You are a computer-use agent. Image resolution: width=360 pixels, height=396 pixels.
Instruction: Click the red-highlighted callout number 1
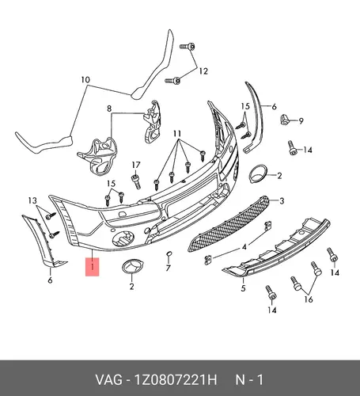pyautogui.click(x=93, y=267)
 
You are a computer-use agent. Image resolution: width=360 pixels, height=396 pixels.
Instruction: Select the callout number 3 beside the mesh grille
pyautogui.click(x=282, y=201)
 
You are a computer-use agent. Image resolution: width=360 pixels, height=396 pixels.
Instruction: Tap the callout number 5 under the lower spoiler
pyautogui.click(x=243, y=288)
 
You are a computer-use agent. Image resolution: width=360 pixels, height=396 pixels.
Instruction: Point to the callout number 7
pyautogui.click(x=169, y=268)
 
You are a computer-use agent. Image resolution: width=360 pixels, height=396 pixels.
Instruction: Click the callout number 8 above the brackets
pyautogui.click(x=109, y=109)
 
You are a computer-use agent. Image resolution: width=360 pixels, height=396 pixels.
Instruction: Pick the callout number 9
pyautogui.click(x=301, y=121)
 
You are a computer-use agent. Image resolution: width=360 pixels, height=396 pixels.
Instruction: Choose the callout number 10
pyautogui.click(x=85, y=80)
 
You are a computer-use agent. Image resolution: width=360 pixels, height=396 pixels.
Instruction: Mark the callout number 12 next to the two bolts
pyautogui.click(x=203, y=71)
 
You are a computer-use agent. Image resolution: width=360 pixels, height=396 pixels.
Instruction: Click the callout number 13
pyautogui.click(x=32, y=201)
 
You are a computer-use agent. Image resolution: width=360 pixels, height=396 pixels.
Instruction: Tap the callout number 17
pyautogui.click(x=136, y=166)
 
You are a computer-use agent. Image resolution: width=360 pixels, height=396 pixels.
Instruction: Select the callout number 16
pyautogui.click(x=309, y=299)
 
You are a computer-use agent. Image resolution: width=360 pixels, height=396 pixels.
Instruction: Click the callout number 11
pyautogui.click(x=177, y=134)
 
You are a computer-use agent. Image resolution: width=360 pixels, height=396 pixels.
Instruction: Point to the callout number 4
pyautogui.click(x=244, y=247)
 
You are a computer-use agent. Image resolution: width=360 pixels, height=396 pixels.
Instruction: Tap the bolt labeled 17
pyautogui.click(x=136, y=182)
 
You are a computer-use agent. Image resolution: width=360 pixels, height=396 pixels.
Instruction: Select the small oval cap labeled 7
pyautogui.click(x=169, y=254)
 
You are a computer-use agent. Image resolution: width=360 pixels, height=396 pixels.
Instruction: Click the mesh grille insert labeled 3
pyautogui.click(x=229, y=224)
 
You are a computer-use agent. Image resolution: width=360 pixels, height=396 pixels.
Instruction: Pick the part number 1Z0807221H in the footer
pyautogui.click(x=176, y=380)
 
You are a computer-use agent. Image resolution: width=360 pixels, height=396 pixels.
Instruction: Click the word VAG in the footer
pyautogui.click(x=108, y=380)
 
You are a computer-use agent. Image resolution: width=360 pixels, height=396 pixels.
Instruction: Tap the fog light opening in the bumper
pyautogui.click(x=123, y=238)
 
